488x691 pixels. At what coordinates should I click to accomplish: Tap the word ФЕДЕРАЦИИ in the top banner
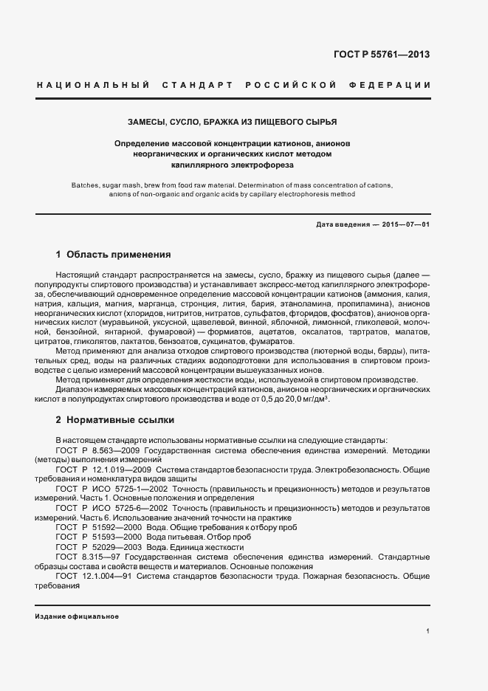(393, 85)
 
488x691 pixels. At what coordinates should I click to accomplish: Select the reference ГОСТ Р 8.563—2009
(100, 449)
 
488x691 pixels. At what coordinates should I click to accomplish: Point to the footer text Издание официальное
(77, 616)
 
